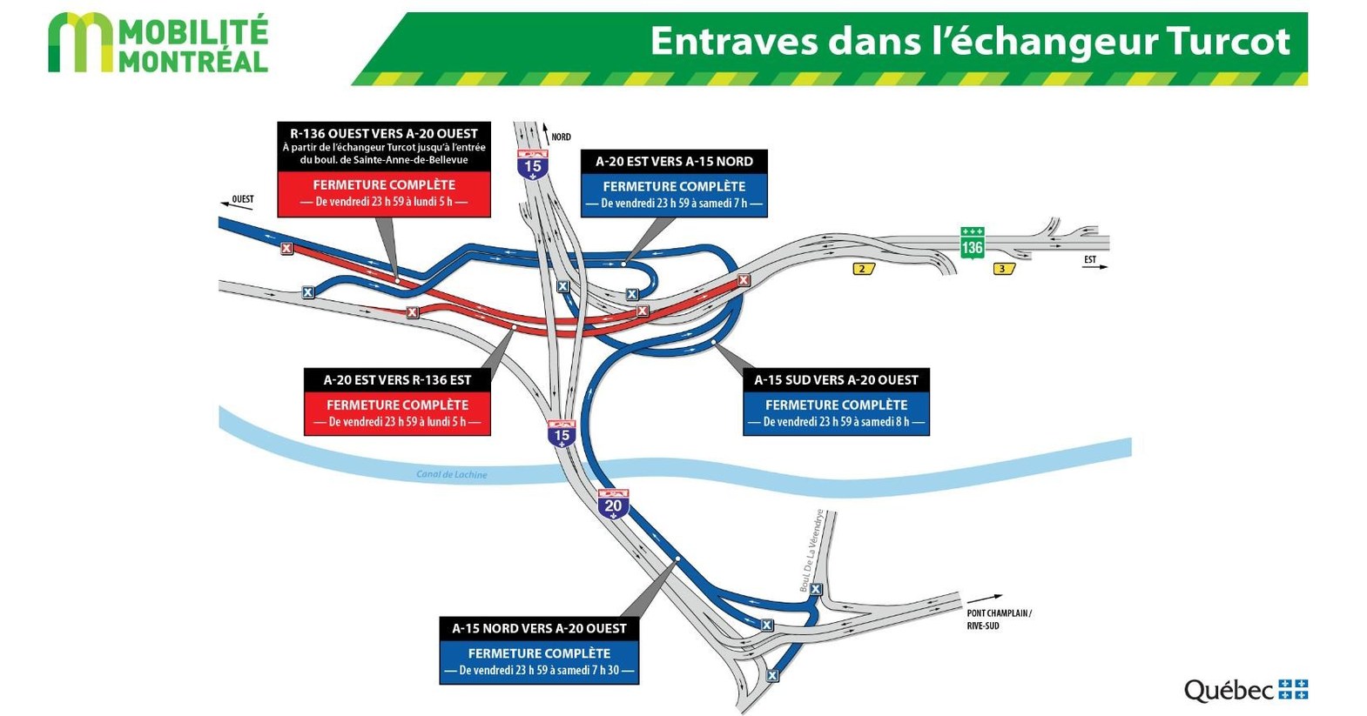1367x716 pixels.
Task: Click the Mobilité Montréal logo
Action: point(158,43)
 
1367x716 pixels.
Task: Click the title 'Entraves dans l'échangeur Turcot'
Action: point(969,41)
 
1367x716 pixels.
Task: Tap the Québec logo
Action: point(1245,690)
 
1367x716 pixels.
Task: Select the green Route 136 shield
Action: point(972,242)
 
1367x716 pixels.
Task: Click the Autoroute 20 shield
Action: point(613,505)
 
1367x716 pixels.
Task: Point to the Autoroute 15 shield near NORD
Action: point(532,164)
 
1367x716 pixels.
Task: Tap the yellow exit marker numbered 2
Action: point(862,269)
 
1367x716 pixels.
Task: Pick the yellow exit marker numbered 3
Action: point(1002,269)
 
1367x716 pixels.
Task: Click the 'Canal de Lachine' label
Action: point(451,474)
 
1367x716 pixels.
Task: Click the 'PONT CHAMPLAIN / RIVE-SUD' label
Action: point(998,619)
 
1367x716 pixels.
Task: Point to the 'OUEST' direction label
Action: point(242,199)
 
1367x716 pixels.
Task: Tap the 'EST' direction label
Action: point(1089,259)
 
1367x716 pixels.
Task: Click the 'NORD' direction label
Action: point(561,137)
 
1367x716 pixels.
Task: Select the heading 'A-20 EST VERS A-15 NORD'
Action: point(674,161)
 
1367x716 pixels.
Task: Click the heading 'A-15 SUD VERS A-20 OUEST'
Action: point(836,380)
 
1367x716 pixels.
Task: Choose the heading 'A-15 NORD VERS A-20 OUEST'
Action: point(539,628)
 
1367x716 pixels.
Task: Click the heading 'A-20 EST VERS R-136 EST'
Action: point(397,380)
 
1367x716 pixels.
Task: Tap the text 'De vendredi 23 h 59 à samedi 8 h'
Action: point(836,422)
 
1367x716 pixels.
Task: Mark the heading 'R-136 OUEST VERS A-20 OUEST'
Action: point(384,133)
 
